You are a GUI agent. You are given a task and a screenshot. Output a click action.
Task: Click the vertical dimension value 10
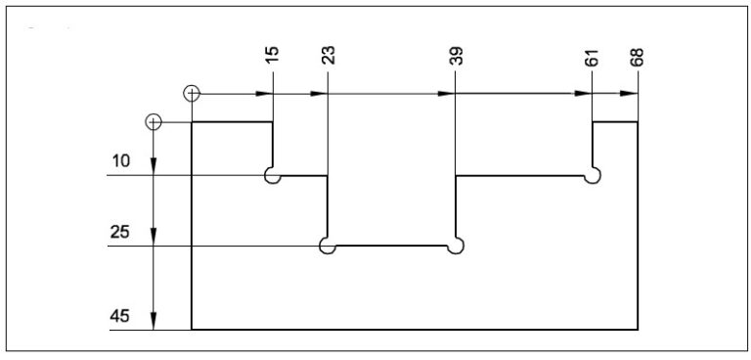[x=121, y=161]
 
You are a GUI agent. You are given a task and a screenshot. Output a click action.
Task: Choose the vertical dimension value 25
[x=121, y=232]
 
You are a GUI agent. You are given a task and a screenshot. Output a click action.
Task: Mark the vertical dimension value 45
[x=121, y=316]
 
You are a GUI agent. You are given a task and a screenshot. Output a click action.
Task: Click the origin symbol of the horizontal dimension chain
[x=192, y=94]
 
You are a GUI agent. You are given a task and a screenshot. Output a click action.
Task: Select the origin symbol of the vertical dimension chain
[x=153, y=122]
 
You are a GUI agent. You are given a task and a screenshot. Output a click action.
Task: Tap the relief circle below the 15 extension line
[x=273, y=176]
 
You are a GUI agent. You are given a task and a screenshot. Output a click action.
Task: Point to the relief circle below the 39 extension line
[x=454, y=246]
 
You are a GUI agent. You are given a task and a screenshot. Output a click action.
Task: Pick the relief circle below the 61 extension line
[x=592, y=176]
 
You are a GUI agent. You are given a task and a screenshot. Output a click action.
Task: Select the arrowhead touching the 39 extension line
[x=448, y=94]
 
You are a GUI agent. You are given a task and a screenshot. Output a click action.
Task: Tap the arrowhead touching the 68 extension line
[x=630, y=94]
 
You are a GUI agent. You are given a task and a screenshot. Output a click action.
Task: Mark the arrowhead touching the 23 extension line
[x=319, y=94]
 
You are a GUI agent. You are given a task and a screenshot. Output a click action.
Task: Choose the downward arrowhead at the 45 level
[x=154, y=322]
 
